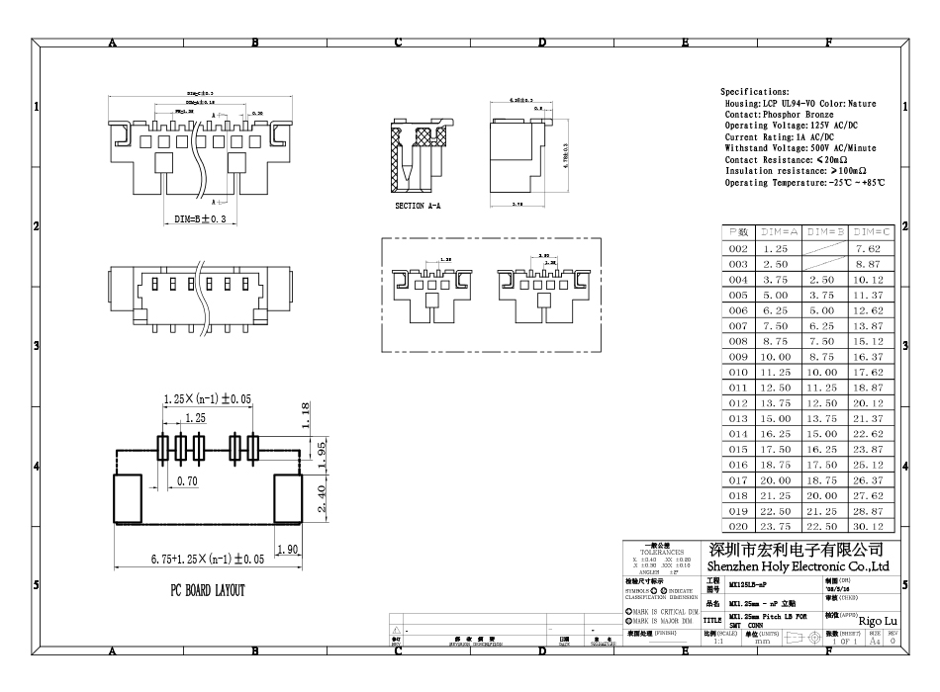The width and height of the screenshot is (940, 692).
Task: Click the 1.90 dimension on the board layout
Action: point(288,550)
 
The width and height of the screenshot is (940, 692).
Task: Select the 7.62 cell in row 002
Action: point(868,249)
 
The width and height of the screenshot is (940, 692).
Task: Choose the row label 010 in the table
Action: point(738,373)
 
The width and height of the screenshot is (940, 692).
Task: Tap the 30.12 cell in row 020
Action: point(868,527)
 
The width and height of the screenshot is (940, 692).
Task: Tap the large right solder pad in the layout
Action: point(285,497)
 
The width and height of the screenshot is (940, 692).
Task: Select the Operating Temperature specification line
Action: point(804,183)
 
